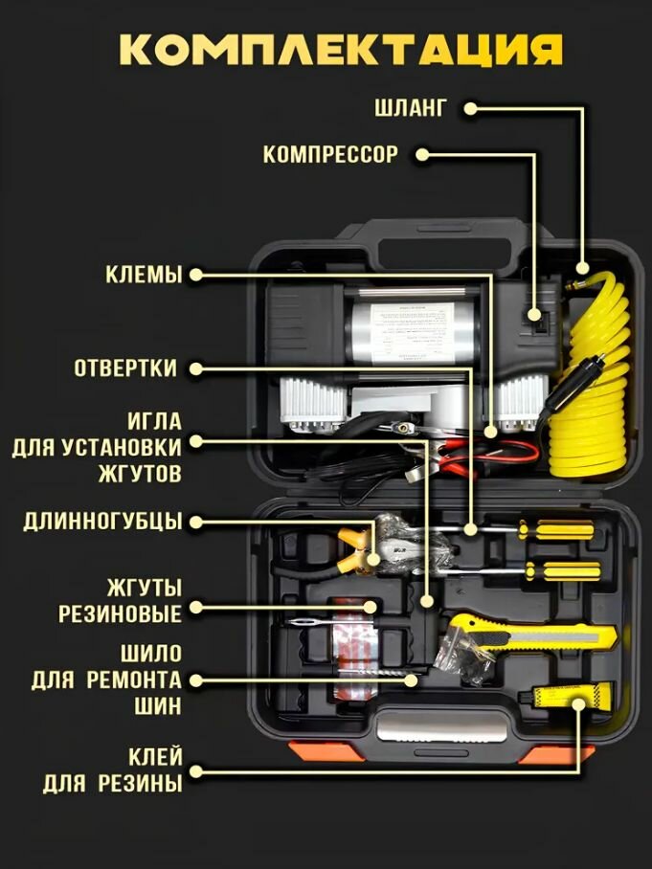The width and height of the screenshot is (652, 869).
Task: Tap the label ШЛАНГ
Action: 410,107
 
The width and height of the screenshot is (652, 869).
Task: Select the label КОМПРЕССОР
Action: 330,154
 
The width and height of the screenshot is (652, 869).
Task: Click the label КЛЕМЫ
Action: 144,275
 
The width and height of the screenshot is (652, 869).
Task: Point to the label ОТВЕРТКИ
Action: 125,368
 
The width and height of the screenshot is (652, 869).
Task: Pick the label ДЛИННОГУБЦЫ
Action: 102,522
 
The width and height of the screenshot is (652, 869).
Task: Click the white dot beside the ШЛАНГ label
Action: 469,108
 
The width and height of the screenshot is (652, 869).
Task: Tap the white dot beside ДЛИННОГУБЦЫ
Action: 196,522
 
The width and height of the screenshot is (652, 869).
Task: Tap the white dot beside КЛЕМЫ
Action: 196,275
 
